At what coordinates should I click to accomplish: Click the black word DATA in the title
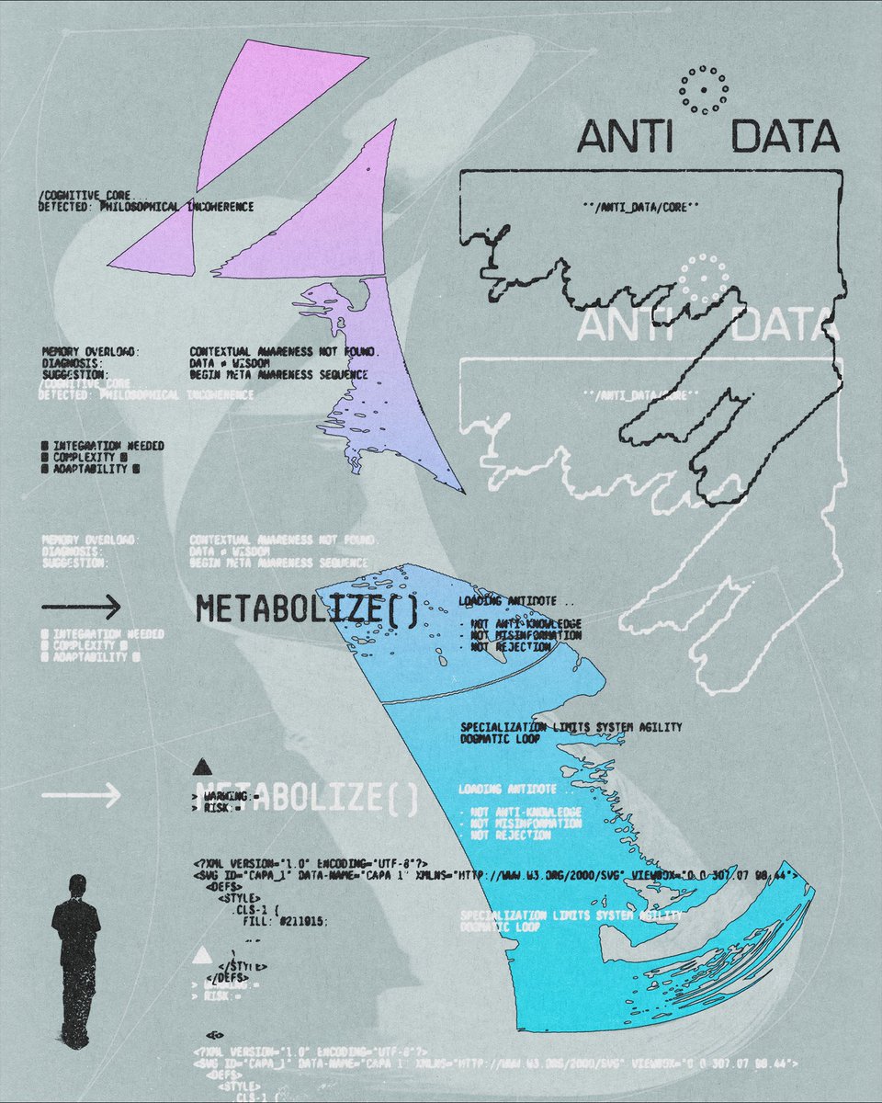786,138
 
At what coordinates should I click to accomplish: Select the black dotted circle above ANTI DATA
704,89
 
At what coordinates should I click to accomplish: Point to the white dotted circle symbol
703,279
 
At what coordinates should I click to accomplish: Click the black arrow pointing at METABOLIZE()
81,607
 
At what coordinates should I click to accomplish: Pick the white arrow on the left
81,795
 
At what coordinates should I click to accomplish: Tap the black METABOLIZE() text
307,608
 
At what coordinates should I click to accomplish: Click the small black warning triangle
202,766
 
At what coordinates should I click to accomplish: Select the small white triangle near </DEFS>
202,956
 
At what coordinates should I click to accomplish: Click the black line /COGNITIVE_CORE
87,196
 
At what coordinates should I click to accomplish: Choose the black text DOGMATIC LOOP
501,738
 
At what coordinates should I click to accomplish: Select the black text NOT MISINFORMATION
526,635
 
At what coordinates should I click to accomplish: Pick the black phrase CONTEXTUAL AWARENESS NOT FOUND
285,352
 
